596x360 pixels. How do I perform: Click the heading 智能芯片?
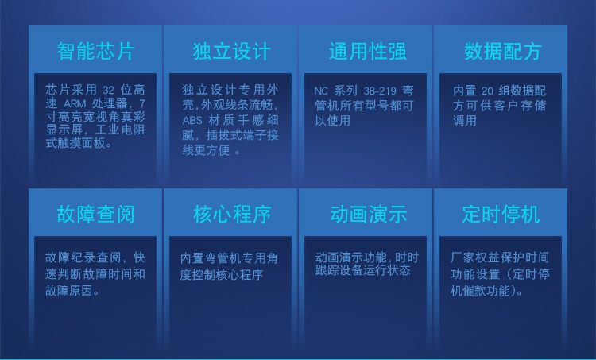coord(95,52)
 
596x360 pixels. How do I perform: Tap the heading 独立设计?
coord(231,52)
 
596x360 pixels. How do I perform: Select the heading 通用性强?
coord(367,52)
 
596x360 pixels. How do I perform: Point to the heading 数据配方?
coord(502,52)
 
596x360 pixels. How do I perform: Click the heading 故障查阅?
coord(95,214)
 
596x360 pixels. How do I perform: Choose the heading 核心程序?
coord(231,214)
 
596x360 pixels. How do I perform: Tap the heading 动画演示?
coord(368,214)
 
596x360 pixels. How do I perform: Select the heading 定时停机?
coord(501,214)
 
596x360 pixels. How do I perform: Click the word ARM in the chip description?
coord(75,104)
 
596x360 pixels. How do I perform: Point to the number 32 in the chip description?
coord(108,91)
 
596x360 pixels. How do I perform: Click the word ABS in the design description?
coord(192,121)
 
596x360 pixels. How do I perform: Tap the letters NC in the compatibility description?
coord(321,91)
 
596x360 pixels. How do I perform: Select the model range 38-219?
coord(380,91)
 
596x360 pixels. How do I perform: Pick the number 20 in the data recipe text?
coord(487,91)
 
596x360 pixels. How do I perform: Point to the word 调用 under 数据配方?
coord(465,121)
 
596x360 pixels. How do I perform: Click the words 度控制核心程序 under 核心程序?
coord(222,274)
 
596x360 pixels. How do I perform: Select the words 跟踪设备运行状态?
coord(362,270)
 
